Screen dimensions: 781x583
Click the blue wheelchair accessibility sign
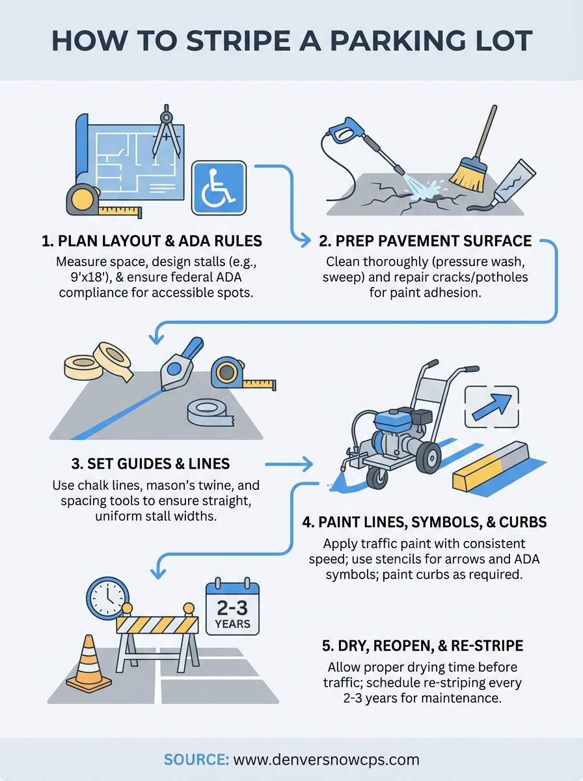coord(219,188)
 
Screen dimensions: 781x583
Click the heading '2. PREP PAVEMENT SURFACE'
coord(425,241)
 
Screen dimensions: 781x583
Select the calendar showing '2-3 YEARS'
coord(232,608)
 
